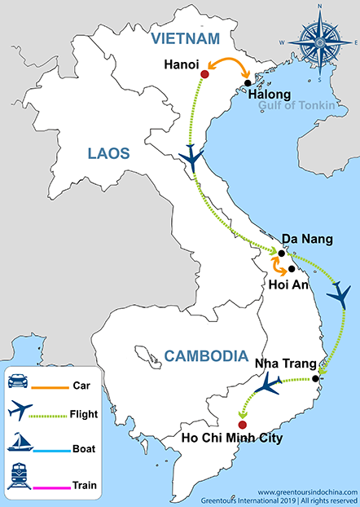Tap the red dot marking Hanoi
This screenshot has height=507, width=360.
point(204,75)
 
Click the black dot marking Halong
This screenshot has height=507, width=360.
point(247,82)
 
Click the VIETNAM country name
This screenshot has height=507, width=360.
point(182,37)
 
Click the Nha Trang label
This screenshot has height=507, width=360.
point(283,364)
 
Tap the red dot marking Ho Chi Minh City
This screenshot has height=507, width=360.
point(242,425)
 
